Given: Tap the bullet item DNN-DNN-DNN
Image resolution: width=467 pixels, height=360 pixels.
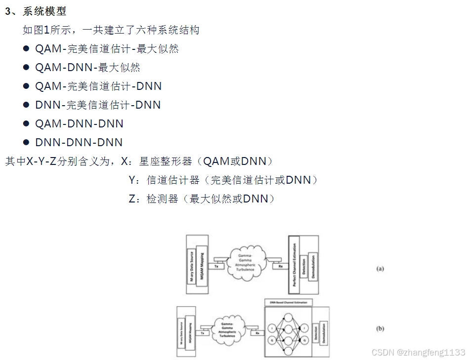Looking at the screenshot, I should coord(79,142).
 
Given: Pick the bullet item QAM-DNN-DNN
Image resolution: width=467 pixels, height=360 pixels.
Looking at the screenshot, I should coord(79,123).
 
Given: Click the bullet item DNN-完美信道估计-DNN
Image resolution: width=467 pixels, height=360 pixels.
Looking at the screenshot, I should coord(98,105).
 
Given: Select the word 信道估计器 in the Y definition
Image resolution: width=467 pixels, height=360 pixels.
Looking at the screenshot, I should coord(173,180).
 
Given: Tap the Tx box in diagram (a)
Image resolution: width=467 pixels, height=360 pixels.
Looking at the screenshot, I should coord(216,266).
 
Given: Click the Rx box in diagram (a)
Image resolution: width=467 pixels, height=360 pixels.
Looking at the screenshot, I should coord(281,266).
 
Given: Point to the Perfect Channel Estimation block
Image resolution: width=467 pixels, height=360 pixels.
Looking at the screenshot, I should coord(294,264).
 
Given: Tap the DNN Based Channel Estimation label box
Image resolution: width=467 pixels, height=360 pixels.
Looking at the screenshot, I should coord(286,301).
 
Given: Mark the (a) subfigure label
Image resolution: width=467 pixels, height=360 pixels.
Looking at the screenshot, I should coord(380,269).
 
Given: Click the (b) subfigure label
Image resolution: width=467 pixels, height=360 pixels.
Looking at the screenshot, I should coord(380,329).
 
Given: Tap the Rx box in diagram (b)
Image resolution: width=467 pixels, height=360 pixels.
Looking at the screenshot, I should coord(257,333).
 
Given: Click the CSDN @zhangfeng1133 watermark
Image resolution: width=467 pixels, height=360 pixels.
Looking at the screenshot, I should coord(418,352).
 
